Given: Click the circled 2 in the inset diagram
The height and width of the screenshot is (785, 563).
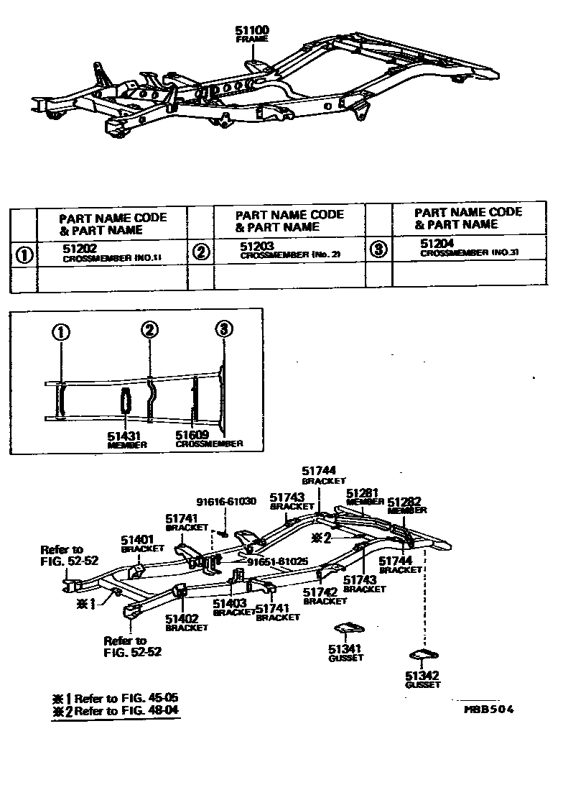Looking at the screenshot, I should point(149,331).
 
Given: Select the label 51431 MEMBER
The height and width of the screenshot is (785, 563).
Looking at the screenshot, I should point(126,439).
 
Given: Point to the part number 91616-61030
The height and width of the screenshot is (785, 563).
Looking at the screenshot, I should point(225,502).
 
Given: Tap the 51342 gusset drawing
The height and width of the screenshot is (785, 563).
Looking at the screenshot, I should point(424,653).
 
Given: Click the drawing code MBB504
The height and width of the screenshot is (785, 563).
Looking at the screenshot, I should point(488,710).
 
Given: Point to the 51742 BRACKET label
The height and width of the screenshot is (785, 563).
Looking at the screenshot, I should point(320,596).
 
